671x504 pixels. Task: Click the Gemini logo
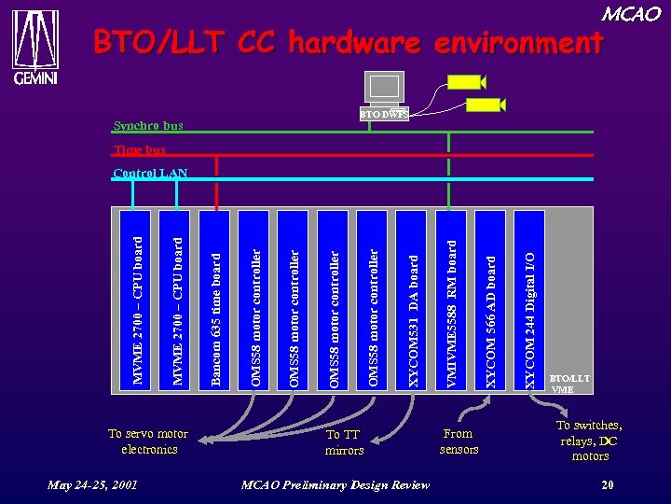click(x=35, y=47)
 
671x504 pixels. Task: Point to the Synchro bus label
click(x=147, y=125)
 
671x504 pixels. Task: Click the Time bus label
click(x=139, y=149)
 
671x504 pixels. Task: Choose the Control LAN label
click(x=149, y=173)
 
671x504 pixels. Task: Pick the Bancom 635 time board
click(x=215, y=298)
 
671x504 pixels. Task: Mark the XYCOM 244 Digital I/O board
click(x=529, y=298)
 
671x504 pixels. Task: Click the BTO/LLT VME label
click(x=568, y=384)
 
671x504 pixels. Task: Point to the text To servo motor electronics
click(x=148, y=441)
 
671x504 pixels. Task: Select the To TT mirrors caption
click(x=344, y=442)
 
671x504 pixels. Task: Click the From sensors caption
click(x=458, y=441)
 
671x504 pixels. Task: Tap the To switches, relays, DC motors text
click(x=589, y=441)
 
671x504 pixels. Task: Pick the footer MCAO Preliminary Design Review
click(x=335, y=484)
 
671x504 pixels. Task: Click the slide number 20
click(x=607, y=484)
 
